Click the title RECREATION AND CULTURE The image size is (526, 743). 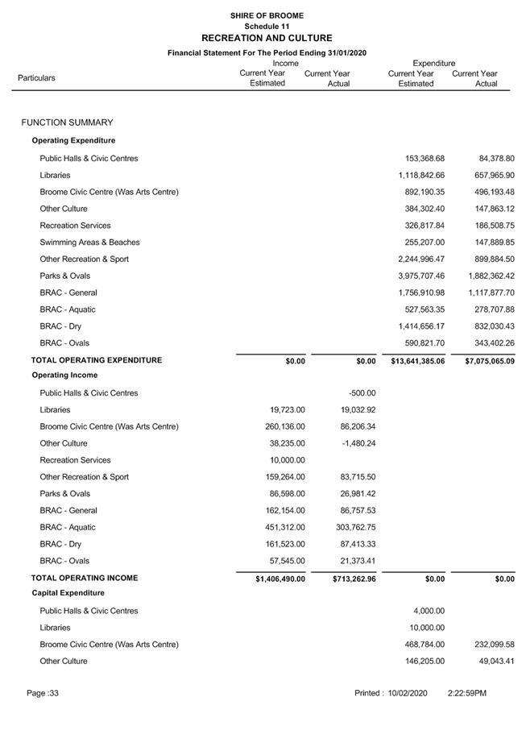[x=267, y=38]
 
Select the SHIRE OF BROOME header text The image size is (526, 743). [x=267, y=15]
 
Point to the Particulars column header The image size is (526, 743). [x=36, y=78]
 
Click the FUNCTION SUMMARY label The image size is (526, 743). [x=68, y=122]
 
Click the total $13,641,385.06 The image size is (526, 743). [x=418, y=361]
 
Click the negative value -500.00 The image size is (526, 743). [x=362, y=393]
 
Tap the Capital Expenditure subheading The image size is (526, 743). [x=68, y=593]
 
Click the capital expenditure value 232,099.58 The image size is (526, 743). [x=491, y=645]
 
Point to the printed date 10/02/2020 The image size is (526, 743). [x=407, y=693]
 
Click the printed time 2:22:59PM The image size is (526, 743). [x=467, y=693]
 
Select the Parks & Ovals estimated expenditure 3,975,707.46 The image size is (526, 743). [x=421, y=276]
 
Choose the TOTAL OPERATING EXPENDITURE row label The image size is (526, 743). [x=97, y=360]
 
